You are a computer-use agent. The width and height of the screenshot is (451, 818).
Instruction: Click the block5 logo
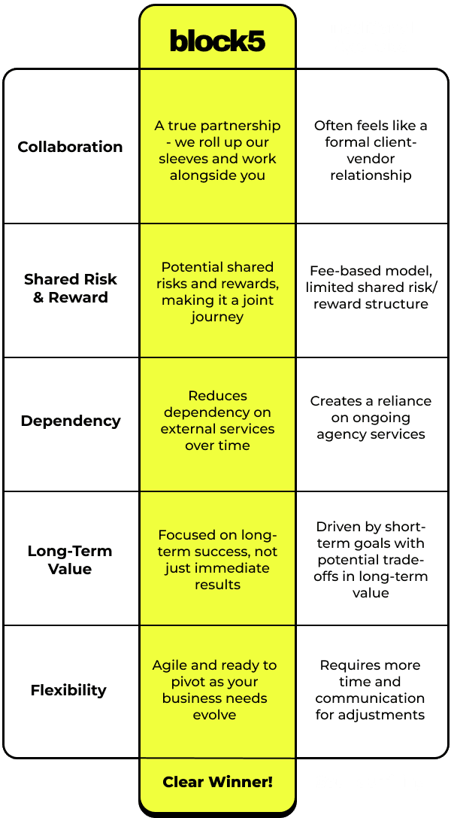click(217, 41)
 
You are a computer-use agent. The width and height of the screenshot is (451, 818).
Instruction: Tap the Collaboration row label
click(70, 147)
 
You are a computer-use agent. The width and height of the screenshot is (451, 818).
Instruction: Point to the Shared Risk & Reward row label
click(70, 288)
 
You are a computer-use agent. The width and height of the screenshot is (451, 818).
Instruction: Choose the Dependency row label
click(70, 421)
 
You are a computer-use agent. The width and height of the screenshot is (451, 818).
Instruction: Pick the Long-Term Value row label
click(70, 560)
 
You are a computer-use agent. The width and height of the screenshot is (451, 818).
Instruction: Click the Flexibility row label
click(68, 690)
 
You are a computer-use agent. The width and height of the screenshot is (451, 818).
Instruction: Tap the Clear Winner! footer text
click(217, 782)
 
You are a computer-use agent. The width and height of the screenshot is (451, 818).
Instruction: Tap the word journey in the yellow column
click(217, 317)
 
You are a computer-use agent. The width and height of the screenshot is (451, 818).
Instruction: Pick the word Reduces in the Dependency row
click(217, 396)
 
